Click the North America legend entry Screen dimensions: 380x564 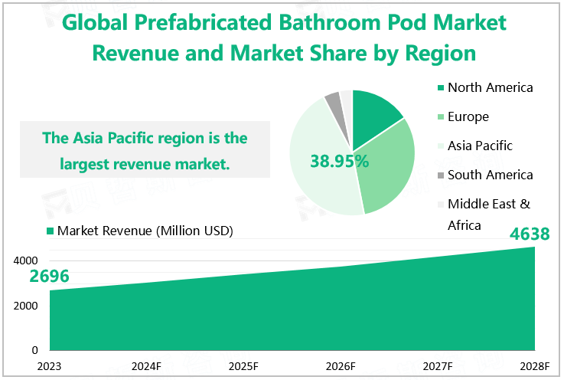point(490,87)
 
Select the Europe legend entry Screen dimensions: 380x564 point(468,116)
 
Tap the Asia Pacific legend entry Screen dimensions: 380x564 point(480,146)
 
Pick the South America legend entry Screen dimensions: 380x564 point(490,175)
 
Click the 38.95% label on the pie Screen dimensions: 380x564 point(340,161)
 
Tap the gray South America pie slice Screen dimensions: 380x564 point(333,100)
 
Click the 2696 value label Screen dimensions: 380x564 point(50,277)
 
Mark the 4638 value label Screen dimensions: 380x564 point(530,234)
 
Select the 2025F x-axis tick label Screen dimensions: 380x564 point(243,365)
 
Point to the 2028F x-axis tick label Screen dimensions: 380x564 point(534,365)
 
